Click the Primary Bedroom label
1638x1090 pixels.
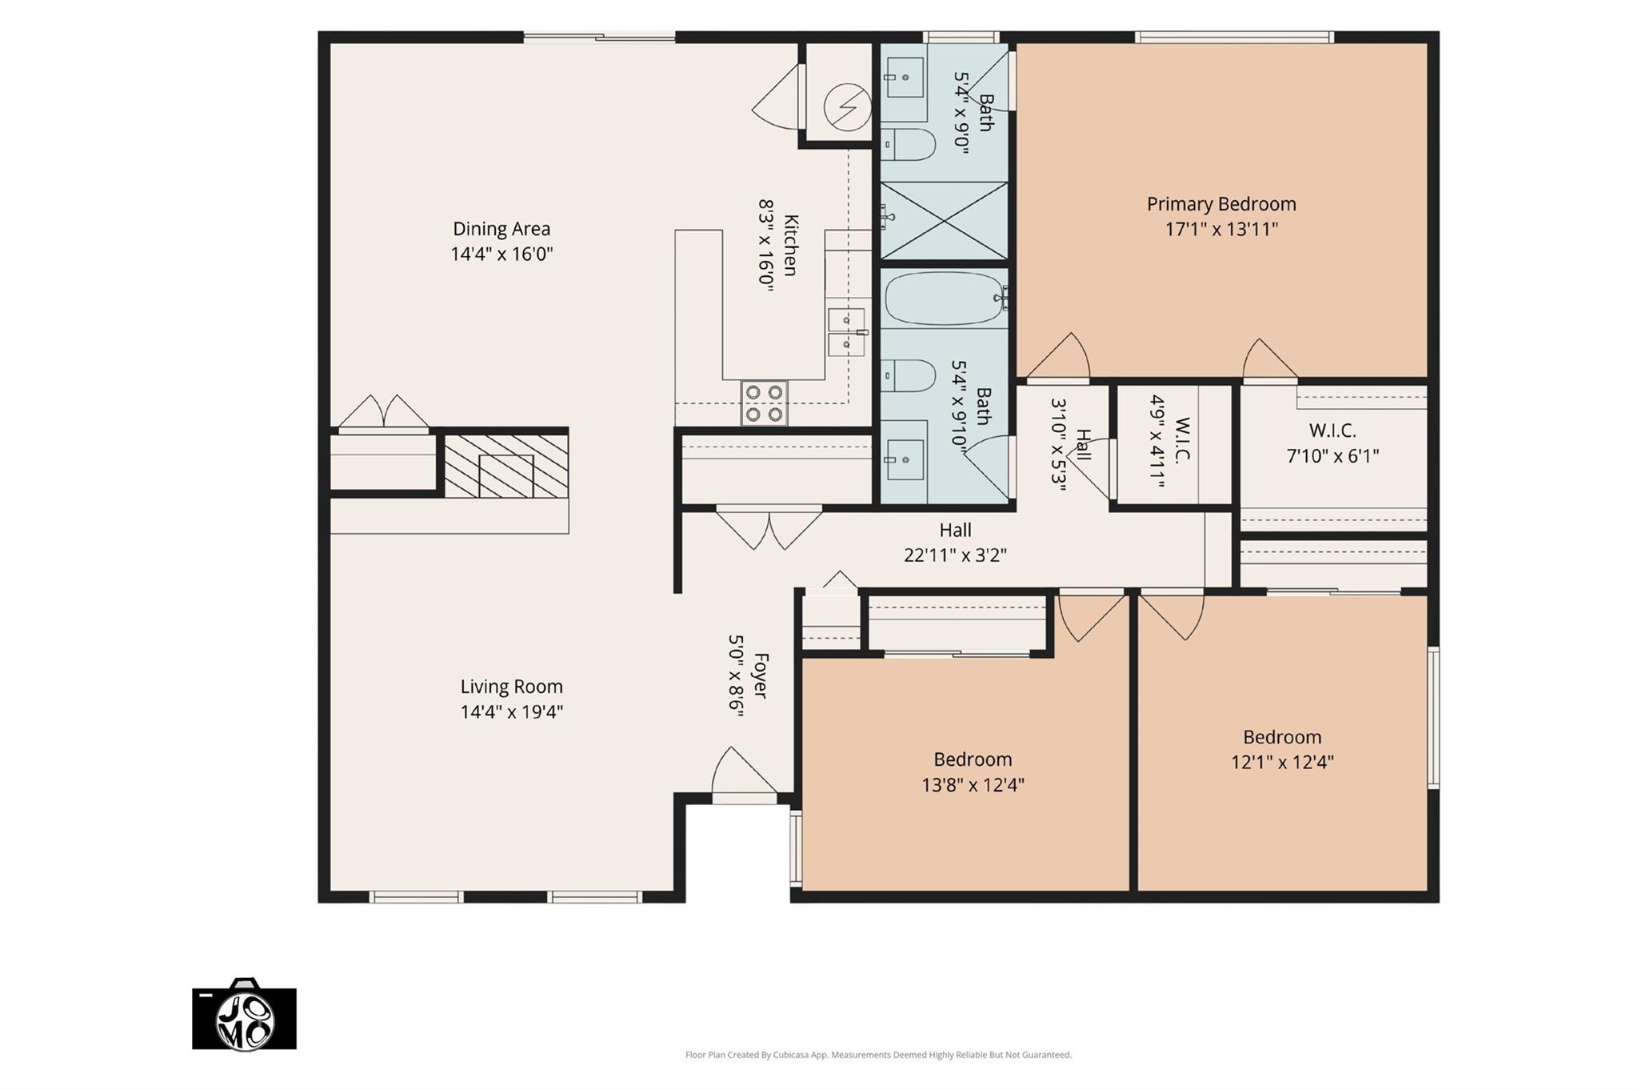point(1221,204)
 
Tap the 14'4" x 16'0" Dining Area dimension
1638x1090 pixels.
point(501,254)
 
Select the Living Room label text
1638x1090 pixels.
point(511,687)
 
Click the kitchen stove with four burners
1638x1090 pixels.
point(764,403)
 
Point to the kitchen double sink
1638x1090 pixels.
point(846,332)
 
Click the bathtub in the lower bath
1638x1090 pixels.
point(945,299)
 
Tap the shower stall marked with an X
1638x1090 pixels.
point(944,220)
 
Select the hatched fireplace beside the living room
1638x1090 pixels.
point(506,466)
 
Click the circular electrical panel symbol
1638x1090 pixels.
point(848,106)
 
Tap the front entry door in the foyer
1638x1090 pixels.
point(744,776)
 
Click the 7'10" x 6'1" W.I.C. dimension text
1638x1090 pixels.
point(1332,456)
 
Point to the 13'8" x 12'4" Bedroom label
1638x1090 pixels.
point(973,759)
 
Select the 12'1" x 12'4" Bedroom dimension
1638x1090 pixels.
point(1282,762)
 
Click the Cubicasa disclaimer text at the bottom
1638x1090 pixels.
point(877,1055)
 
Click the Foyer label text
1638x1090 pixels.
point(761,676)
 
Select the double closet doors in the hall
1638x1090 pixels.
point(769,528)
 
